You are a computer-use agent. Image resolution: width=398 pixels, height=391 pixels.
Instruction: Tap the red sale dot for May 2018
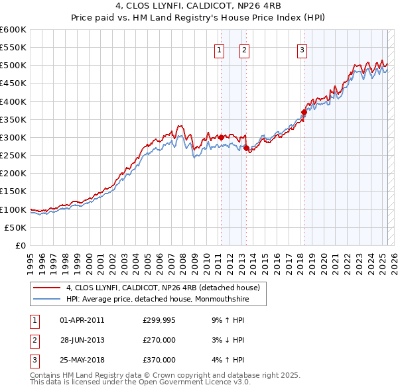click(304, 112)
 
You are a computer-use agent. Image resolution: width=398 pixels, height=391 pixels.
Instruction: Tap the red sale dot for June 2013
click(246, 148)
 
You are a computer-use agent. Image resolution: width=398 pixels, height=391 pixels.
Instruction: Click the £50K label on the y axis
click(16, 227)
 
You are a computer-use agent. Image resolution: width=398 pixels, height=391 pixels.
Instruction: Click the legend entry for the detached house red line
click(166, 288)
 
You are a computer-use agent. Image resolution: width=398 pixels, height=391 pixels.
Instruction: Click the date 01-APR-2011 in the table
click(82, 320)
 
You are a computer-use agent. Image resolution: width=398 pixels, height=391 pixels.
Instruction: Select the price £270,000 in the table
click(159, 340)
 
